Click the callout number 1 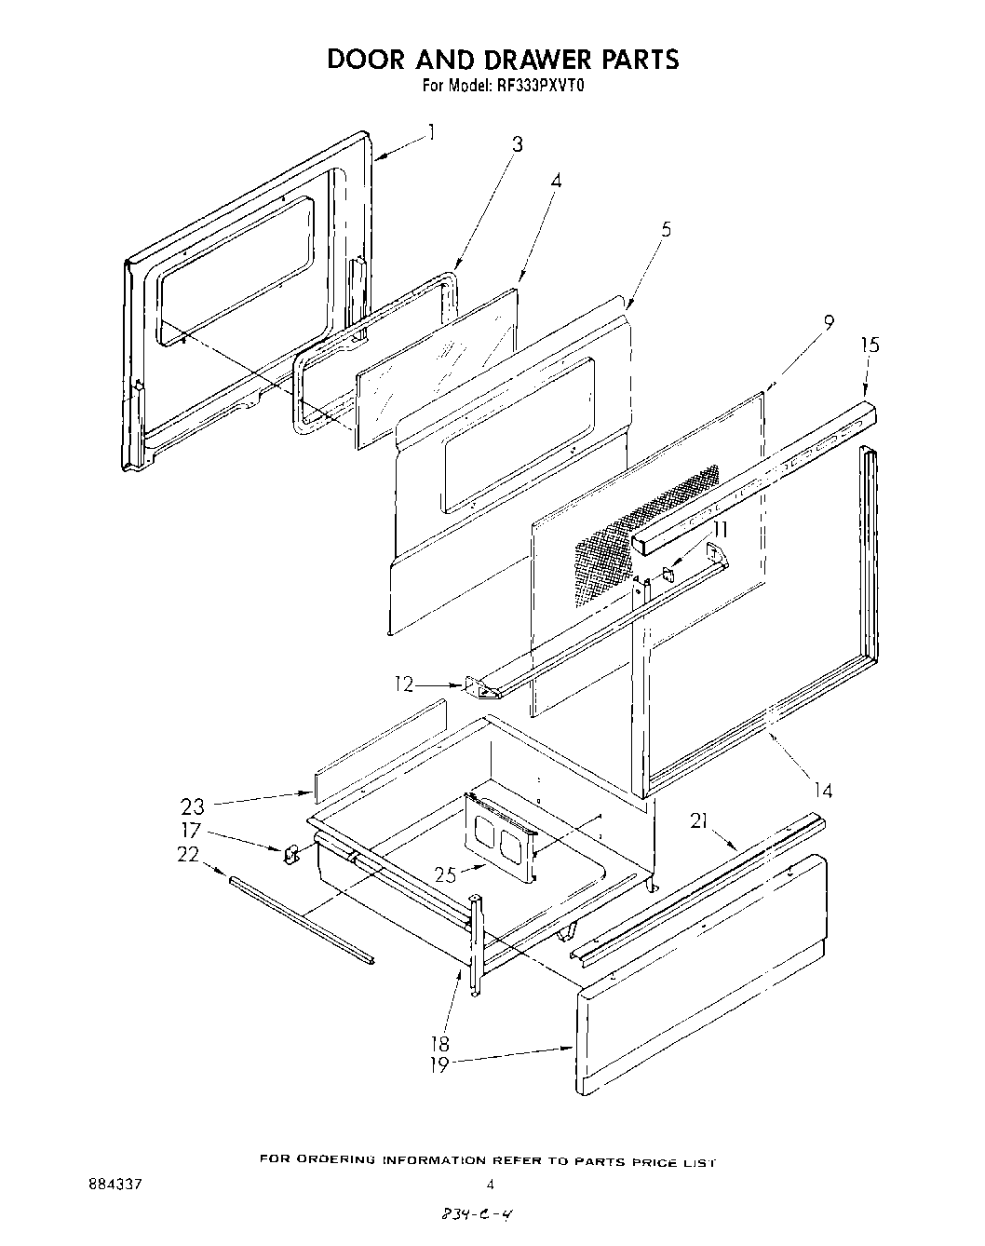(431, 131)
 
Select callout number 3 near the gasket (517, 144)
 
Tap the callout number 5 (666, 229)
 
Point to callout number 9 (828, 323)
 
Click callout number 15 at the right (870, 345)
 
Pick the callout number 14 (822, 791)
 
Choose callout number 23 (194, 806)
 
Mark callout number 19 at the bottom (439, 1064)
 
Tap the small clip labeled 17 (290, 852)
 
